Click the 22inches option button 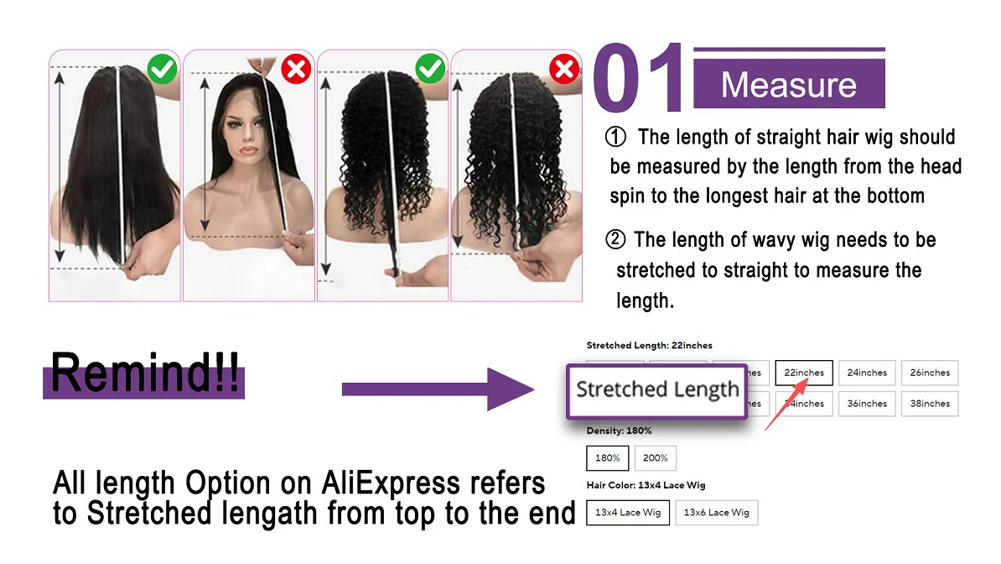(804, 373)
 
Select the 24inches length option (867, 373)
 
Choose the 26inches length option (930, 373)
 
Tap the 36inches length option (867, 404)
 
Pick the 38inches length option (930, 404)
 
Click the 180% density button (608, 458)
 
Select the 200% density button (656, 458)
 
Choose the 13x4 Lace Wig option (628, 512)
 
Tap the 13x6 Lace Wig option (716, 512)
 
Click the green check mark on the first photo (162, 69)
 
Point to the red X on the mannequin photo (296, 69)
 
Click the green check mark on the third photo (430, 69)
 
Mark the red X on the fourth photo (564, 69)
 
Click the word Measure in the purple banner (788, 85)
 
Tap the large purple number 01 (639, 77)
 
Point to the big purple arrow (438, 389)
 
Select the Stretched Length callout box (657, 391)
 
